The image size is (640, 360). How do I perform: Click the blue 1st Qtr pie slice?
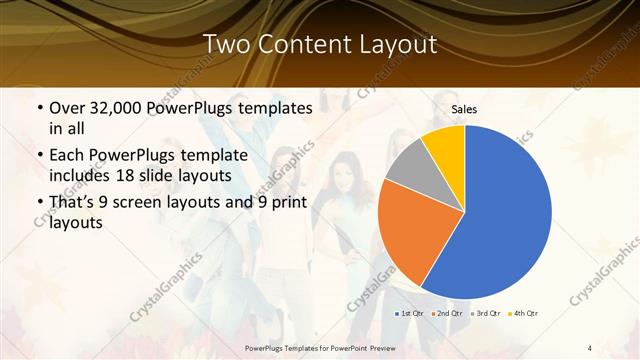tap(505, 215)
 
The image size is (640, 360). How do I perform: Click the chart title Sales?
tap(464, 109)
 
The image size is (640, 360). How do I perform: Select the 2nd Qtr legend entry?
tap(447, 314)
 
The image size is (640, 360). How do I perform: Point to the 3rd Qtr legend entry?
tap(487, 314)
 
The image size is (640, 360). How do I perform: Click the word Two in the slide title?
tap(225, 45)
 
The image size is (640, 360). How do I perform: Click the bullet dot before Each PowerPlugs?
tap(38, 155)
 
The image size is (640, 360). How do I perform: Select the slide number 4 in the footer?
tap(590, 347)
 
